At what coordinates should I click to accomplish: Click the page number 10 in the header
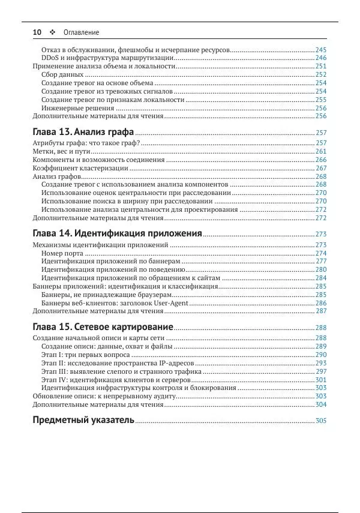(36, 32)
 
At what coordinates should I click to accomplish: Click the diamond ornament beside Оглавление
(52, 32)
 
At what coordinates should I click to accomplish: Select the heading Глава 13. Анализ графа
(83, 131)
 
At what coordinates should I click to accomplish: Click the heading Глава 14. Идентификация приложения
(117, 233)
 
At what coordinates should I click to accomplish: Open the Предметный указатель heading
(83, 419)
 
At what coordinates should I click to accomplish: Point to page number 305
(321, 421)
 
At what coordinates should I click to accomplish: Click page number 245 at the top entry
(321, 50)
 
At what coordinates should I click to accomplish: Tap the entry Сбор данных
(62, 74)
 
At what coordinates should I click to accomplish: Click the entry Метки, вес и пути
(62, 152)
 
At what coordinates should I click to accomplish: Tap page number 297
(321, 372)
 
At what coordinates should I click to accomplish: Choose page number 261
(321, 152)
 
